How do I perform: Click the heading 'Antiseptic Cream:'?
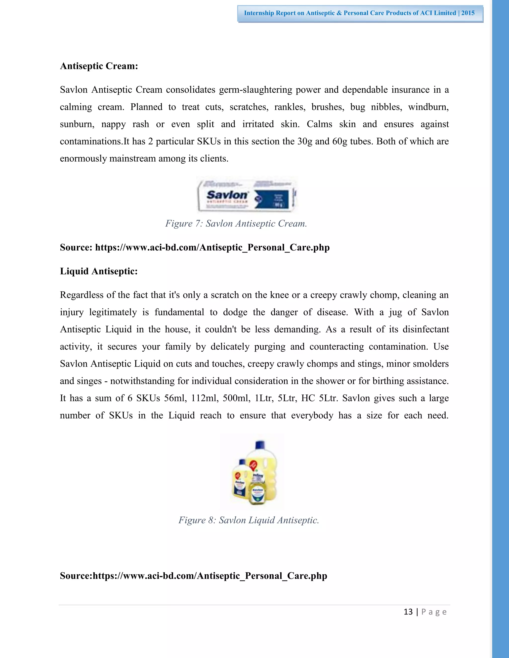pos(99,66)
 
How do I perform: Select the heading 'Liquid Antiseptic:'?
pos(99,271)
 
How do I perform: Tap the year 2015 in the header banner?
pos(468,13)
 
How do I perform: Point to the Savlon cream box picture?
pos(247,195)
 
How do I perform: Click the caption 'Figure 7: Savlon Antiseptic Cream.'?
pos(236,223)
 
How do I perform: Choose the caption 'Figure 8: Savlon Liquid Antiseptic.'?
pos(249,520)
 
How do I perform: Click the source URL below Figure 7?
pos(212,247)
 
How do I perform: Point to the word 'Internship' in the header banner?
pos(259,13)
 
